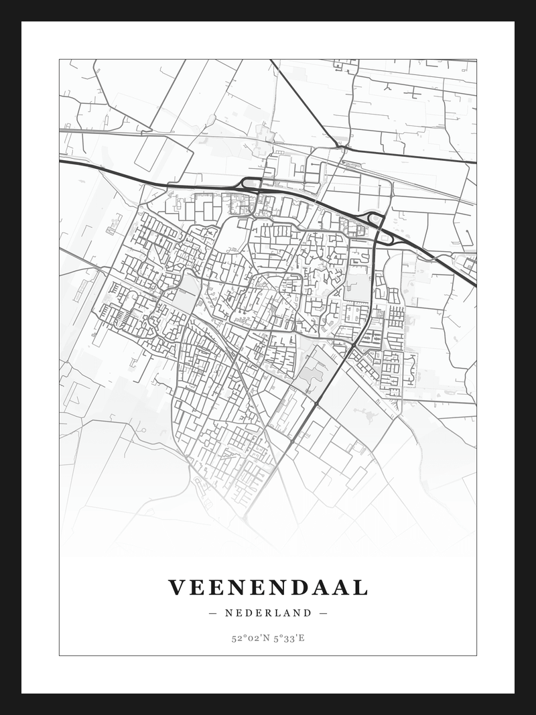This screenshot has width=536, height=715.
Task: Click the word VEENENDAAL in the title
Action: [268, 588]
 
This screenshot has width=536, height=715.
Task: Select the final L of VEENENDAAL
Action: [361, 588]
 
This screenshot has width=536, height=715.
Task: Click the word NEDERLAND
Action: [268, 612]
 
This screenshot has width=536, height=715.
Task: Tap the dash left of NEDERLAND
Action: [213, 612]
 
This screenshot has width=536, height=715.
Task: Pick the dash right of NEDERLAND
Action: [324, 612]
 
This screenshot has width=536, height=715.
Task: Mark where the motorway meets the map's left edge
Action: [61, 161]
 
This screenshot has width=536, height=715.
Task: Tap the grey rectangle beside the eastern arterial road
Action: [356, 288]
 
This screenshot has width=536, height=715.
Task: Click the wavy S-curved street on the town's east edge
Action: [409, 369]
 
